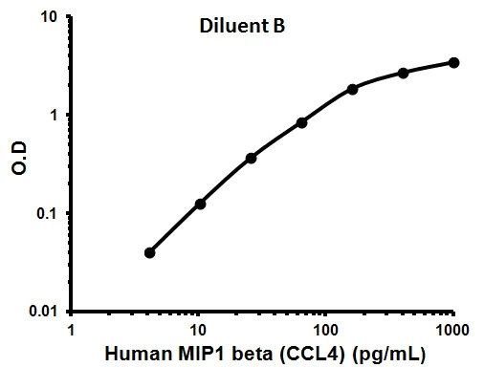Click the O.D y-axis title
(x=17, y=163)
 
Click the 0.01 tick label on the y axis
(x=48, y=312)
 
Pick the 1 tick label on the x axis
(x=72, y=330)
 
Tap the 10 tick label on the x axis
(x=198, y=330)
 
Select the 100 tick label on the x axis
(x=325, y=330)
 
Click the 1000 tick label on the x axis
(x=451, y=330)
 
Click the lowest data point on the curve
(x=149, y=252)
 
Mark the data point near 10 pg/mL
(x=200, y=204)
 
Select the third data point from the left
(x=251, y=158)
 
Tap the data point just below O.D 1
(x=301, y=122)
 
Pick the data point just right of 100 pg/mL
(x=352, y=89)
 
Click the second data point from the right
(x=403, y=73)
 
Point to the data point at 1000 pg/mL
(x=453, y=63)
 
